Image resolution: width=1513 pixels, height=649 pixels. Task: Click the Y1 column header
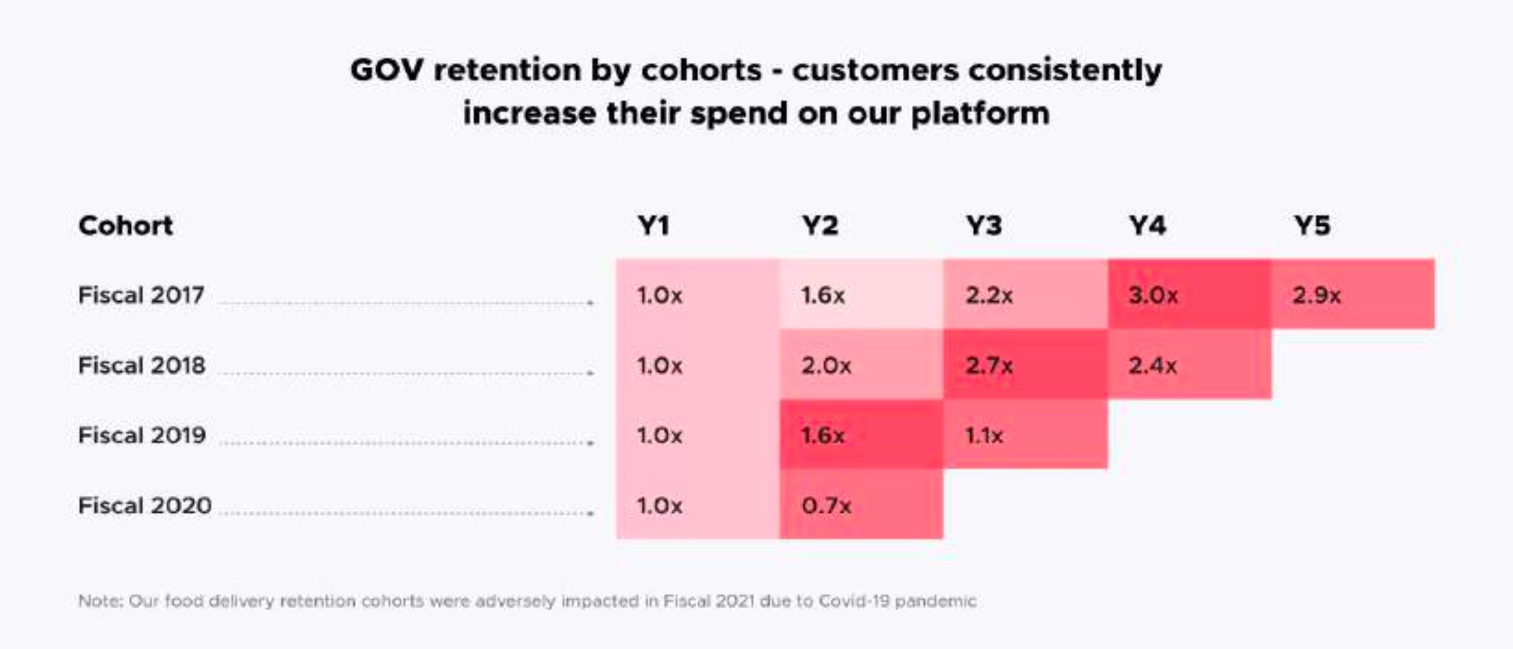[653, 226]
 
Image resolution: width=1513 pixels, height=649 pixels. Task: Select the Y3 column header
[984, 226]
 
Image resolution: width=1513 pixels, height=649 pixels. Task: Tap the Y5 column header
[1312, 226]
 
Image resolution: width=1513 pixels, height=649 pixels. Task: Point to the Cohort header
[126, 226]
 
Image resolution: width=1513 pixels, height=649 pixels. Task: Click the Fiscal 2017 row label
[141, 295]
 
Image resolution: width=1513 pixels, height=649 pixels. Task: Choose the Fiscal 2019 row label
[142, 435]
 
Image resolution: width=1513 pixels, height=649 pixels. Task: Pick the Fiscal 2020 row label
[144, 505]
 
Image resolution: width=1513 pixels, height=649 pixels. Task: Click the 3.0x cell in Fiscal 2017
[1153, 295]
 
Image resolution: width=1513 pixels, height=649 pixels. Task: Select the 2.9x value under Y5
[1316, 295]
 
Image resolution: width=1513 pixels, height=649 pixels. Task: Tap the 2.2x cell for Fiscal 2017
[989, 295]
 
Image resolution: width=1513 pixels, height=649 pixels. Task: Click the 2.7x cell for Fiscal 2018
[989, 366]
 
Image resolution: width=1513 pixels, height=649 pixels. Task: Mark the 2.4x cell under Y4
[1152, 366]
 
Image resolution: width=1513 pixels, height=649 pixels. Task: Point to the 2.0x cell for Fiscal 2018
[826, 366]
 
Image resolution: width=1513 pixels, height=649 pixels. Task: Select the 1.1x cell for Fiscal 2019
[984, 436]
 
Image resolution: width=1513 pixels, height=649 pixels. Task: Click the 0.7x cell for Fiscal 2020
[826, 506]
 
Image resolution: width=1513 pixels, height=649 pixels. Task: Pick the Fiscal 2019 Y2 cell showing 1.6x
[823, 436]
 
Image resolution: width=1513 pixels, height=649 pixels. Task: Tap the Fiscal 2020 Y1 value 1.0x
[659, 506]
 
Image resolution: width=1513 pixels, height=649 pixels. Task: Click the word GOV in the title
[386, 70]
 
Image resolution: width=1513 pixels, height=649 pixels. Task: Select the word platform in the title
[980, 114]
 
